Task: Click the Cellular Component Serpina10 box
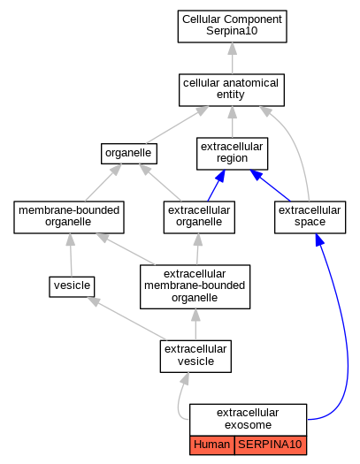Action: (x=232, y=27)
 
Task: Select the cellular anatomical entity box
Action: (x=232, y=90)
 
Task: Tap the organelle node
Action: (x=129, y=154)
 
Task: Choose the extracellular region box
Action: (x=232, y=154)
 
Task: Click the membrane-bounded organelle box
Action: (x=69, y=217)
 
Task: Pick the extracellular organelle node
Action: (x=199, y=217)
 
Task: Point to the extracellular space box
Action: (x=310, y=217)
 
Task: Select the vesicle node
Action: (x=72, y=286)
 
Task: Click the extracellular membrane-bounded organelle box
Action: (x=195, y=286)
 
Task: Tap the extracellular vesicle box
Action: (x=195, y=356)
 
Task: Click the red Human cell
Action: (x=212, y=445)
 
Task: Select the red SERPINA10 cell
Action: (x=271, y=445)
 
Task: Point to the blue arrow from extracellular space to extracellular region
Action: (x=270, y=186)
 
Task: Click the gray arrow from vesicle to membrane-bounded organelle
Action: (x=71, y=255)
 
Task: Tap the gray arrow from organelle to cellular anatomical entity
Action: (x=178, y=125)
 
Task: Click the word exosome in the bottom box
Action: (x=248, y=424)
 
